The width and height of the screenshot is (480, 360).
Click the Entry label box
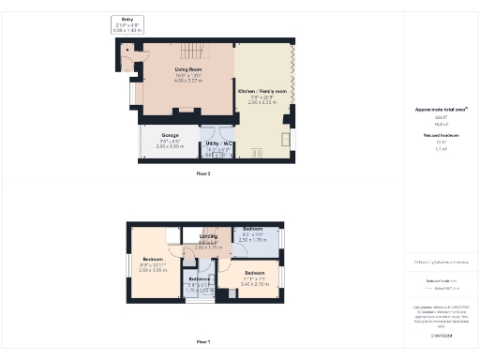127,23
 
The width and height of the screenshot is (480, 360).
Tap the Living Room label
187,69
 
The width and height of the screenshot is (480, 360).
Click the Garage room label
170,135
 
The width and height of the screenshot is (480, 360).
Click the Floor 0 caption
202,174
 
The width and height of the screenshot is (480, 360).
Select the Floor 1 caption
202,341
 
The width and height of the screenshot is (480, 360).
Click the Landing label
207,236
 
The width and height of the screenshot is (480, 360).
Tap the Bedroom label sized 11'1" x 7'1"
255,273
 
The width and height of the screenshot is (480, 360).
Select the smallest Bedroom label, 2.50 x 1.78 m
253,229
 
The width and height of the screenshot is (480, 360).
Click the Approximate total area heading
440,109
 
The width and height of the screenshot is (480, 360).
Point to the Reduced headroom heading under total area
440,136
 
